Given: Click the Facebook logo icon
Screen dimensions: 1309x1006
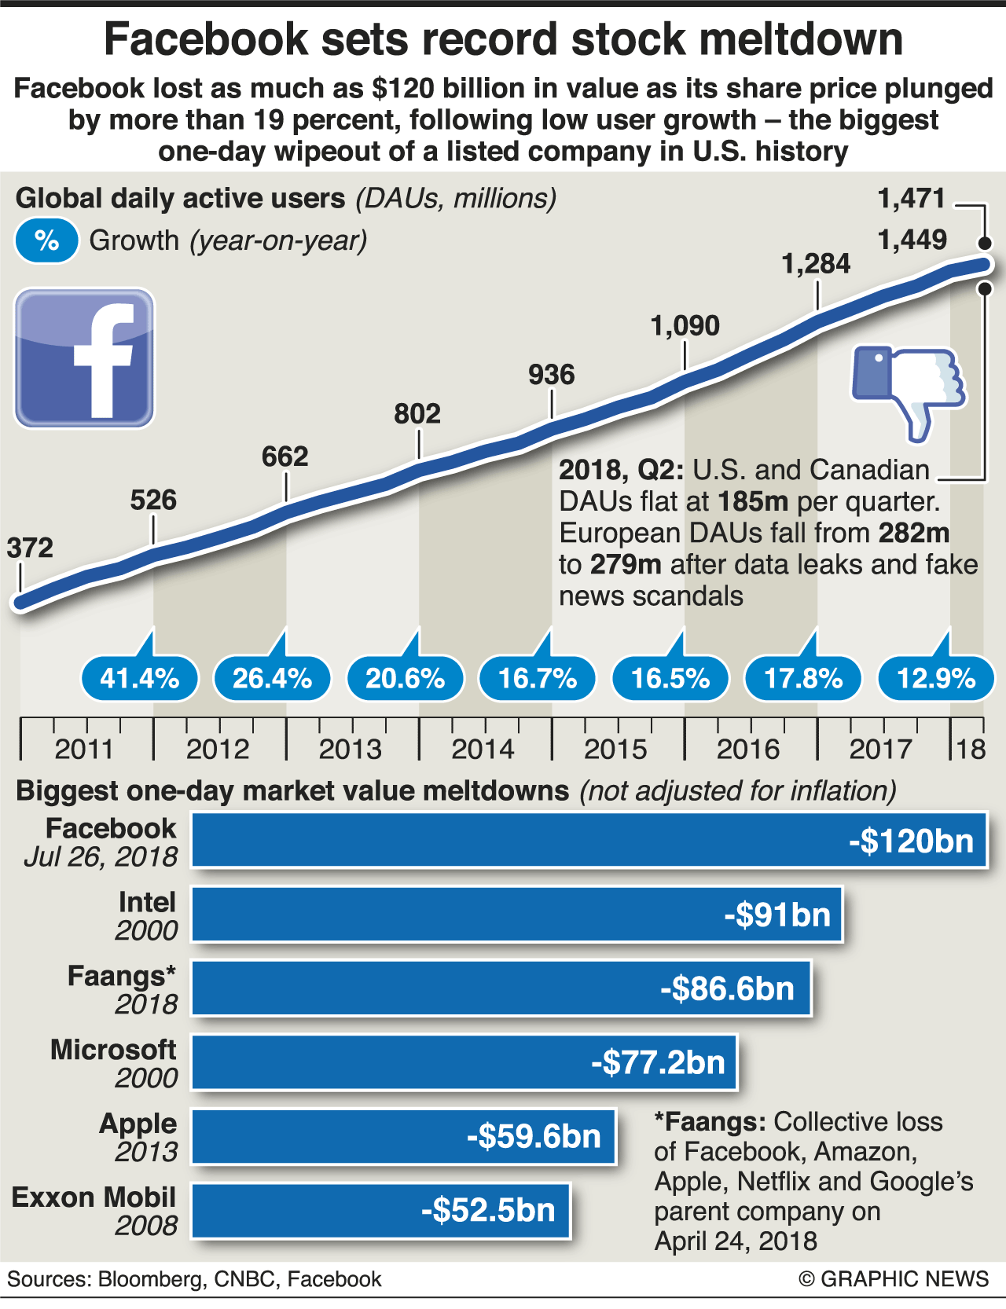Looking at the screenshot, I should [x=84, y=358].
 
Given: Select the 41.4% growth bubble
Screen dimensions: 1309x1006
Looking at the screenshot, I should [x=139, y=677].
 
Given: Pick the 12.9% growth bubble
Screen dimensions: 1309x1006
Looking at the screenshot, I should [x=935, y=677].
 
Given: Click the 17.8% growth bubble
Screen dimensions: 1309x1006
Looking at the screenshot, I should [x=802, y=677].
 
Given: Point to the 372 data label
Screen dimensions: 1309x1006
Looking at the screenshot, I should [x=30, y=548].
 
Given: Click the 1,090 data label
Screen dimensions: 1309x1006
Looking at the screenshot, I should [x=685, y=325].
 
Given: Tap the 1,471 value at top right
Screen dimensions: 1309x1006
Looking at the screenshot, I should [x=911, y=198].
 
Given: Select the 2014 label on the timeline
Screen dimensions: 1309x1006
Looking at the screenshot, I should [x=483, y=749].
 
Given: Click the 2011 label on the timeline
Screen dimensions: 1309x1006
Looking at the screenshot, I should [x=84, y=749].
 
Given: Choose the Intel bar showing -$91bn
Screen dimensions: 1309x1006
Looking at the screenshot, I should [x=516, y=915].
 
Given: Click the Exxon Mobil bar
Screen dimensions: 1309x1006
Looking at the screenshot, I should [x=380, y=1210].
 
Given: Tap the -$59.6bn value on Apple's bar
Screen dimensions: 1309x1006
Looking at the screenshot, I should [x=534, y=1136].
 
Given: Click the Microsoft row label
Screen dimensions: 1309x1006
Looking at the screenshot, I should [x=113, y=1050].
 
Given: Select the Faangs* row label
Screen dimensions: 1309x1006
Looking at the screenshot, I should [x=121, y=976].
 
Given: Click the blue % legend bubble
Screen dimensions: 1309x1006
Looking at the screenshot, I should [x=46, y=240].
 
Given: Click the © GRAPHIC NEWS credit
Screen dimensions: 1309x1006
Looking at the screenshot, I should [x=894, y=1279].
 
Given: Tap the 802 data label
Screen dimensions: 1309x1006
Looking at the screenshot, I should [x=417, y=413].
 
